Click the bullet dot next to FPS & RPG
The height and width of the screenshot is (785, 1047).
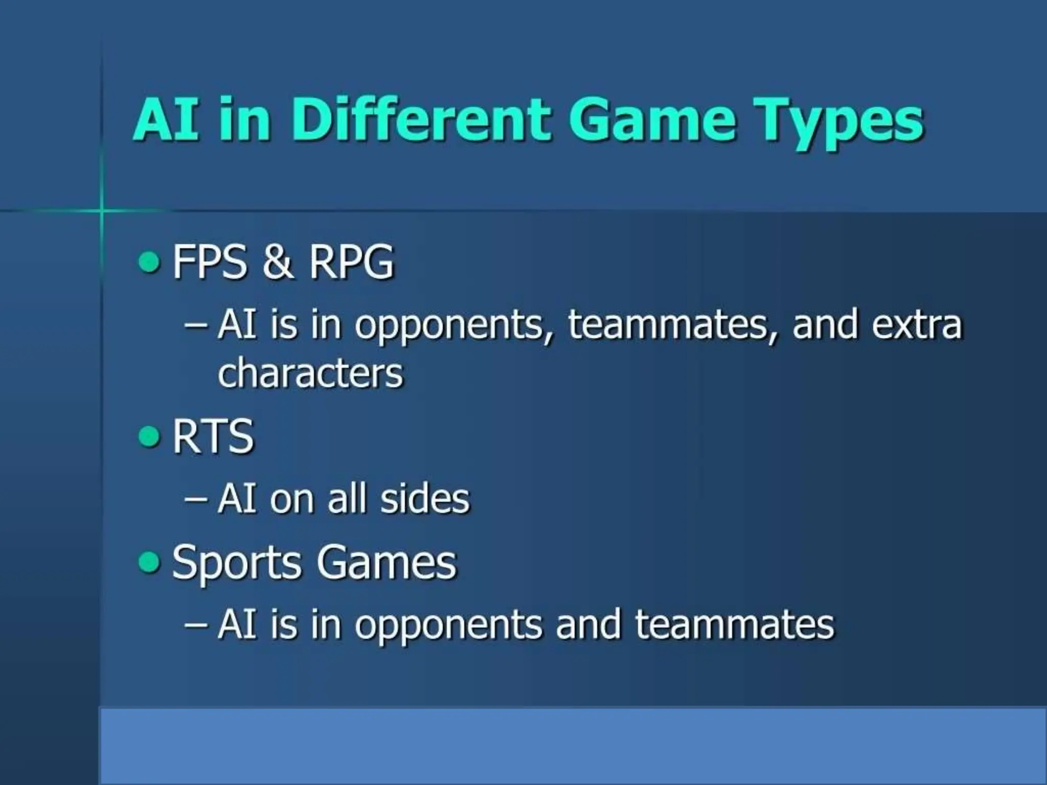[x=149, y=263]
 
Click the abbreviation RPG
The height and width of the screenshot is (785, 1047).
[x=351, y=262]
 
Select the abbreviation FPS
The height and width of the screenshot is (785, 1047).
[x=210, y=262]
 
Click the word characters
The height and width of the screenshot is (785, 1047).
[x=310, y=373]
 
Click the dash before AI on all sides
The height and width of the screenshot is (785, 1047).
[x=196, y=499]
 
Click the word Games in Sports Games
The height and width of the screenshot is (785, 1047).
[x=386, y=562]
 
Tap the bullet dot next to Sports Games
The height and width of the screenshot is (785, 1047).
[x=149, y=562]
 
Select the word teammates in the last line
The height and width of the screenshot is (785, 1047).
[x=734, y=625]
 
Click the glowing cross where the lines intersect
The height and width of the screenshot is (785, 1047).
[x=101, y=210]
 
